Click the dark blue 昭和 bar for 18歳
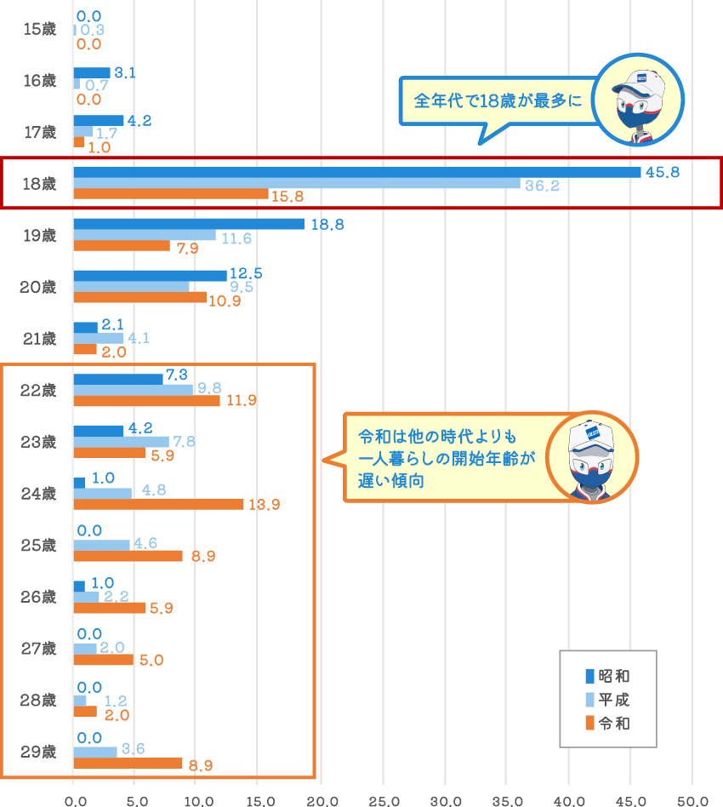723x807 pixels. tap(357, 173)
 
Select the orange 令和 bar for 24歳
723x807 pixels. tap(158, 504)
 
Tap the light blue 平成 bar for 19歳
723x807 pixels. tap(145, 235)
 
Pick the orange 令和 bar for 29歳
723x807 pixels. tap(128, 764)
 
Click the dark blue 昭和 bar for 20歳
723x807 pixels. tap(151, 276)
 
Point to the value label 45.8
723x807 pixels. tap(663, 173)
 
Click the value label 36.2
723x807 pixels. tap(542, 186)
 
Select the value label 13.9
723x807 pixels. tap(265, 505)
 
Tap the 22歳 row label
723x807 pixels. tap(38, 391)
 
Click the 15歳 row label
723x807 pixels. tap(40, 29)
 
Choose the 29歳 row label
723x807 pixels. tap(38, 752)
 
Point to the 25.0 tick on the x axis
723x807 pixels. tap(384, 801)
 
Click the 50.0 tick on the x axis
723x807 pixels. tap(692, 801)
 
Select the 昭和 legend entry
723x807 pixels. tap(607, 676)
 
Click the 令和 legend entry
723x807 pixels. tap(607, 723)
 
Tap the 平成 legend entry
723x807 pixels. tap(607, 700)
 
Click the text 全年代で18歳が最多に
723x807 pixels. tap(498, 100)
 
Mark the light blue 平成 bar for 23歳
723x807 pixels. tap(122, 442)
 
